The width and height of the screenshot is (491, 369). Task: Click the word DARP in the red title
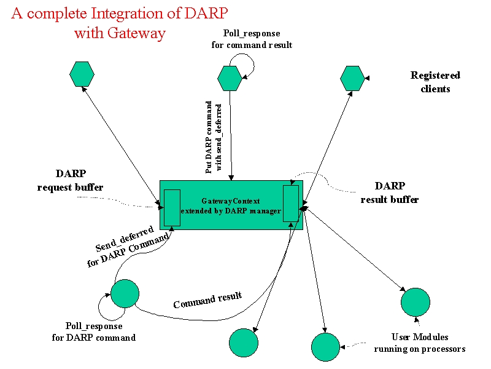[x=206, y=14]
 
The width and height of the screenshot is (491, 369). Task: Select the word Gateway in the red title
[x=136, y=33]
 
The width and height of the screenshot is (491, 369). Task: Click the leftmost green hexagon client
[x=82, y=74]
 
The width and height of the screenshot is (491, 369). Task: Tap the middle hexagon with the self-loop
[x=230, y=78]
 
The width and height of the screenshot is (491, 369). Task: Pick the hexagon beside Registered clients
[x=352, y=79]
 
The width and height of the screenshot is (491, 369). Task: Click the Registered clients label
[x=435, y=82]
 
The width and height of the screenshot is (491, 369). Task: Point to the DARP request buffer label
[x=71, y=180]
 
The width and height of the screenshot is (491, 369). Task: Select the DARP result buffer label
[x=390, y=192]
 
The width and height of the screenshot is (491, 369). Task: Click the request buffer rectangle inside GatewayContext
[x=172, y=208]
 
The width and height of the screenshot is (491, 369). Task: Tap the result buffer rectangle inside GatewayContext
[x=291, y=204]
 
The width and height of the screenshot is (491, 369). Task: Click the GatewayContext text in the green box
[x=231, y=201]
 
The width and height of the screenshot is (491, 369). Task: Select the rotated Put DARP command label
[x=214, y=137]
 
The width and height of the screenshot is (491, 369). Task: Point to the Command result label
[x=207, y=300]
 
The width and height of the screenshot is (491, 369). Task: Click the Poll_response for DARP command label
[x=94, y=331]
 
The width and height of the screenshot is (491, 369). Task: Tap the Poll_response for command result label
[x=252, y=39]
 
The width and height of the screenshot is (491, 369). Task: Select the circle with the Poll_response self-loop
[x=125, y=294]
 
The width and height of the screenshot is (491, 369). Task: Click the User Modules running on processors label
[x=420, y=343]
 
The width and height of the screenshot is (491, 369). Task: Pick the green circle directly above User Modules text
[x=416, y=302]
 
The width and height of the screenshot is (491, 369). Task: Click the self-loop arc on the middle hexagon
[x=253, y=65]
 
